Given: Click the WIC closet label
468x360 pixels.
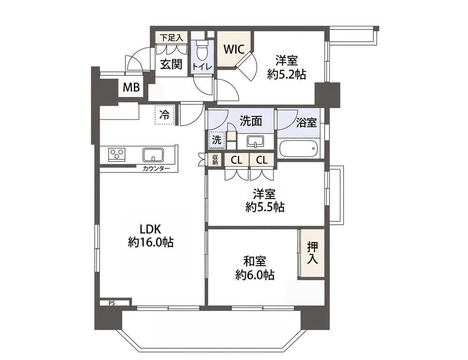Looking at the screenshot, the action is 234,49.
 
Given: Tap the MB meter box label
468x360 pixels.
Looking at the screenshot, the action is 132,88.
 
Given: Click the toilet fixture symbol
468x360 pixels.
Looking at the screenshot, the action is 202,50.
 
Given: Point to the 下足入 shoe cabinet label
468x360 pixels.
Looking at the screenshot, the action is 171,38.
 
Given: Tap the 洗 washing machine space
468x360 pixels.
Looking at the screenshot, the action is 217,140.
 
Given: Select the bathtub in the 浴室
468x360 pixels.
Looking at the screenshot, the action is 299,148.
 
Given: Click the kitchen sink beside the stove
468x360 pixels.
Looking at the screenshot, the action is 153,154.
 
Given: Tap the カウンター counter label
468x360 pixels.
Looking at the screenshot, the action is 156,169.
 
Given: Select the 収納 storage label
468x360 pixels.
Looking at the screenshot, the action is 215,160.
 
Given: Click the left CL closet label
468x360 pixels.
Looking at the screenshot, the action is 237,161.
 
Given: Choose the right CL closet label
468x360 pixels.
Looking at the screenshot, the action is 262,161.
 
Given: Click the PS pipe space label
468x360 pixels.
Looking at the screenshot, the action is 111,303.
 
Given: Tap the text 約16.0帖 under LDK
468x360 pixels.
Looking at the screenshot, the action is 151,242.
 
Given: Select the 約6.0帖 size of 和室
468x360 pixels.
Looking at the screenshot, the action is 255,274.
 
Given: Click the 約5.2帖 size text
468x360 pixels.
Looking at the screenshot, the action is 286,74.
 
